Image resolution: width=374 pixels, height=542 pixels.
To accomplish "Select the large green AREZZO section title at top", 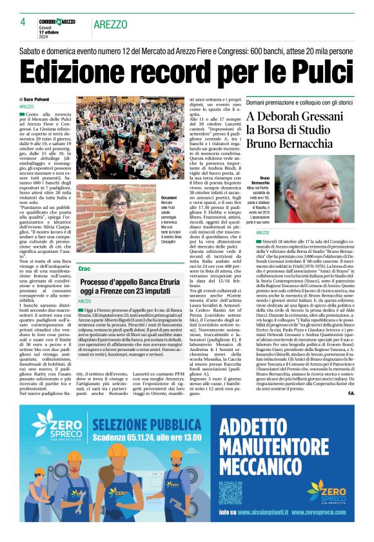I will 109,24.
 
